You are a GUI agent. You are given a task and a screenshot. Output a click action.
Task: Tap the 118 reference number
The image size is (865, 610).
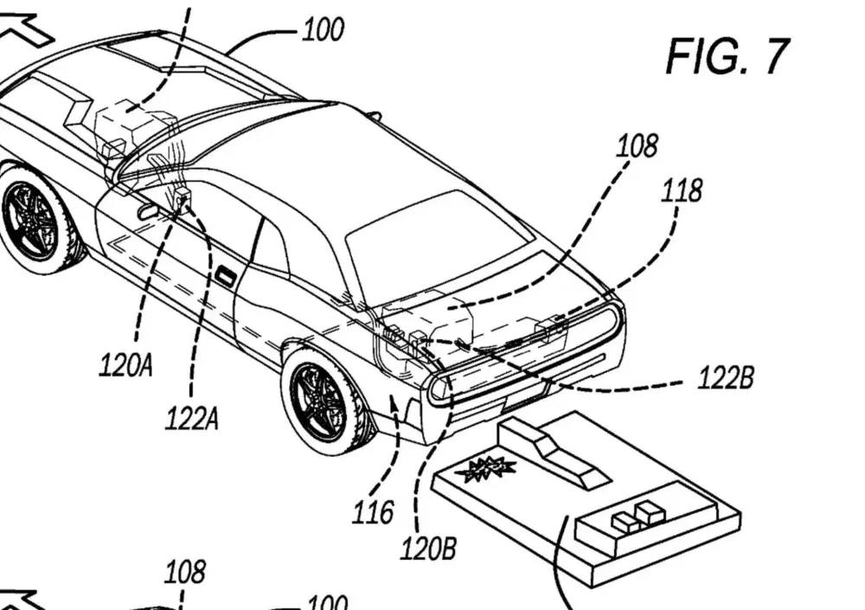point(682,190)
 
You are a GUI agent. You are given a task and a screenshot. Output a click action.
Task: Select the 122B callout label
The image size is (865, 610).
point(726,378)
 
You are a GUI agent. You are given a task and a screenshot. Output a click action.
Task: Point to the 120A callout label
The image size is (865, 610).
point(125,365)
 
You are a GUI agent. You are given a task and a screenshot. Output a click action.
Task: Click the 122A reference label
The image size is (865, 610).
point(191,419)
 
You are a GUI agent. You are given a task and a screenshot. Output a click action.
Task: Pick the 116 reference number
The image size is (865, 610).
point(374,512)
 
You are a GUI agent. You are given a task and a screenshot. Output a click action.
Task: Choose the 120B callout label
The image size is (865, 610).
point(428,549)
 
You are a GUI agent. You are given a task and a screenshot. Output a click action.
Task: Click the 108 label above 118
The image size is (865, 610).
point(638,146)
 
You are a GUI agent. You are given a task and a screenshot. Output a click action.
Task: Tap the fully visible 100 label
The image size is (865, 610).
point(324,29)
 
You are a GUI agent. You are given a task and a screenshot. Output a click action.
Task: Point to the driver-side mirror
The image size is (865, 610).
point(147,211)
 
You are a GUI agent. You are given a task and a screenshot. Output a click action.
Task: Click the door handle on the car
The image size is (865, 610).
point(224,275)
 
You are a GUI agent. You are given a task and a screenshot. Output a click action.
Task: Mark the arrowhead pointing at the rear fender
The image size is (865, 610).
point(393,407)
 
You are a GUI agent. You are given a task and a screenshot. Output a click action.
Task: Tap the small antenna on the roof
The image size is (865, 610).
point(375,117)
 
